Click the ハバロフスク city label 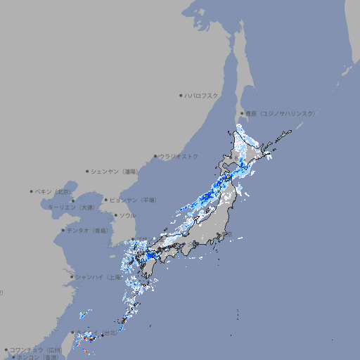click(x=202, y=95)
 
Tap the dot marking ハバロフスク click(x=181, y=95)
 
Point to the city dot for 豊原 click(x=242, y=113)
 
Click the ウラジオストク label click(x=179, y=156)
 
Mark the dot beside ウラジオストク click(x=155, y=156)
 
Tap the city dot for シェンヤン click(x=88, y=171)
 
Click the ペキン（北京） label click(x=53, y=191)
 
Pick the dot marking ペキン click(x=32, y=191)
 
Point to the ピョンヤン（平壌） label click(x=134, y=200)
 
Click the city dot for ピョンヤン click(x=106, y=200)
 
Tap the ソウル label click(x=127, y=216)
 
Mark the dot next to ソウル click(x=115, y=216)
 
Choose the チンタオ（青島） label click(x=87, y=230)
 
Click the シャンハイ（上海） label click(x=98, y=277)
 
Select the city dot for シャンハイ click(x=72, y=277)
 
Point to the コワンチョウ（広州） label click(x=35, y=349)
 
